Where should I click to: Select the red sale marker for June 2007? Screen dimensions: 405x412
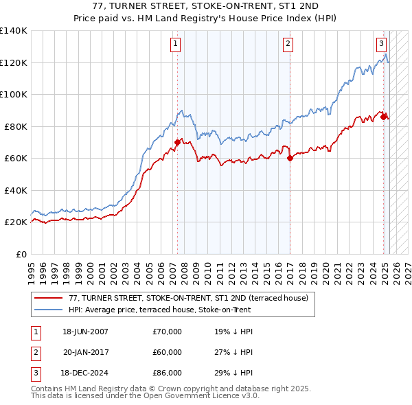click(177, 143)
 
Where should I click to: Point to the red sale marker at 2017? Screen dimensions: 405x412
click(290, 158)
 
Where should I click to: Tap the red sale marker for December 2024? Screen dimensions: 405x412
click(384, 117)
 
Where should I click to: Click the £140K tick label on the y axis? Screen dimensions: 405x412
click(14, 31)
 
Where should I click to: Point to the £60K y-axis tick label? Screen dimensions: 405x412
click(16, 159)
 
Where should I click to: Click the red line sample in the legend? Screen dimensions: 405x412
click(47, 298)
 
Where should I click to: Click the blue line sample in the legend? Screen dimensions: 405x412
click(47, 310)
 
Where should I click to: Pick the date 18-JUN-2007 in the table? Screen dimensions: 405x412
click(85, 332)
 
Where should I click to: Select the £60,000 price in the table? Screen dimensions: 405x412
click(168, 352)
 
